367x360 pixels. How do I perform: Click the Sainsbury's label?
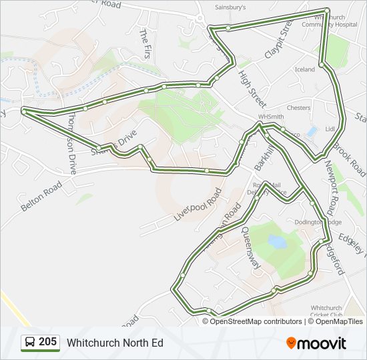[x=230, y=8]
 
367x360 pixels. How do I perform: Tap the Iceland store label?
[x=304, y=69]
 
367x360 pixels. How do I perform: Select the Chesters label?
[x=298, y=107]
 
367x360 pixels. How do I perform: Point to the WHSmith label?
[x=270, y=116]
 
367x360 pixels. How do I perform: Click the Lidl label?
[x=329, y=128]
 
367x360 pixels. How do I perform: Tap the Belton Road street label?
[x=41, y=198]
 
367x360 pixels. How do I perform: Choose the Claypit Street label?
[x=279, y=39]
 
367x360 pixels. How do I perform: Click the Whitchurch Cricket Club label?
[x=327, y=311]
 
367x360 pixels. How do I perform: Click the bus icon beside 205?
[x=30, y=343]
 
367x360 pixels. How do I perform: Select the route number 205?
[x=47, y=342]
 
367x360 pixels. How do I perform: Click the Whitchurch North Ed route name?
[x=114, y=343]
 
